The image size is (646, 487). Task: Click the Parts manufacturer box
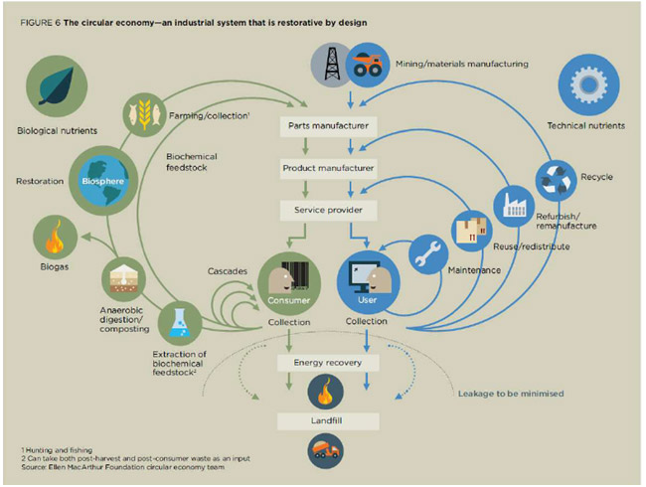[328, 126]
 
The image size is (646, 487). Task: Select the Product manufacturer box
[328, 168]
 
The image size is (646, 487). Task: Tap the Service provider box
[328, 210]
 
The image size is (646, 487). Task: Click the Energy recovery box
[328, 363]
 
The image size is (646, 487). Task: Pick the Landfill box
[328, 421]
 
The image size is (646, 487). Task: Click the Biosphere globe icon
[103, 181]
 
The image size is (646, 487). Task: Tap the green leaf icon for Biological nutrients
[57, 86]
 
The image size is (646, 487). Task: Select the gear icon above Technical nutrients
[588, 84]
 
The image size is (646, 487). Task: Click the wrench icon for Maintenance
[428, 254]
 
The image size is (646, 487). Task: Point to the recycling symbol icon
[556, 181]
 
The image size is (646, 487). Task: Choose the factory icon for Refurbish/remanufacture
[514, 206]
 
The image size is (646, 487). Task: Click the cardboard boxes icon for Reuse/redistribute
[472, 232]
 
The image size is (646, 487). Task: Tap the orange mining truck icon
[368, 65]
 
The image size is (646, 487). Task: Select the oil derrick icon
[332, 65]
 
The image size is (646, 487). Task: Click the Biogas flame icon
[56, 238]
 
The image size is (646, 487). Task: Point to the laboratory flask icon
[180, 323]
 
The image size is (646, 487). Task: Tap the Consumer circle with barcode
[289, 284]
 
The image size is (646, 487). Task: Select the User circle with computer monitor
[368, 282]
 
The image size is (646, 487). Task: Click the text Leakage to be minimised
[511, 394]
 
